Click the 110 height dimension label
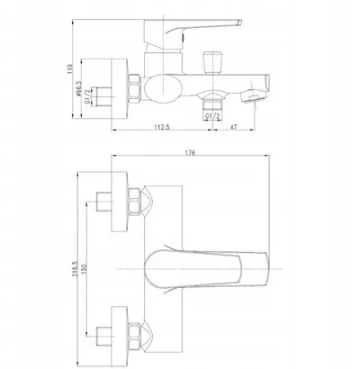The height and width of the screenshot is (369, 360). click(x=70, y=69)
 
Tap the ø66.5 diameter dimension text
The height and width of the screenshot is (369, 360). click(x=79, y=88)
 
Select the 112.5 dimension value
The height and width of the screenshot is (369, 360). click(x=162, y=127)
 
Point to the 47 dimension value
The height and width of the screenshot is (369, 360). click(x=234, y=127)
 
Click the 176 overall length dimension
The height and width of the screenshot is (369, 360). click(x=190, y=153)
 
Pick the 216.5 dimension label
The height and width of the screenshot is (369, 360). click(x=75, y=268)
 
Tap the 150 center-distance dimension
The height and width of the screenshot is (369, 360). click(x=84, y=268)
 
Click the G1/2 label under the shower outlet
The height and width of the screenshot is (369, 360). click(x=212, y=116)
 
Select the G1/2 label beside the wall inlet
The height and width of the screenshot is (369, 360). click(x=87, y=96)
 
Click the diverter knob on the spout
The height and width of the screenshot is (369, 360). click(x=212, y=62)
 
